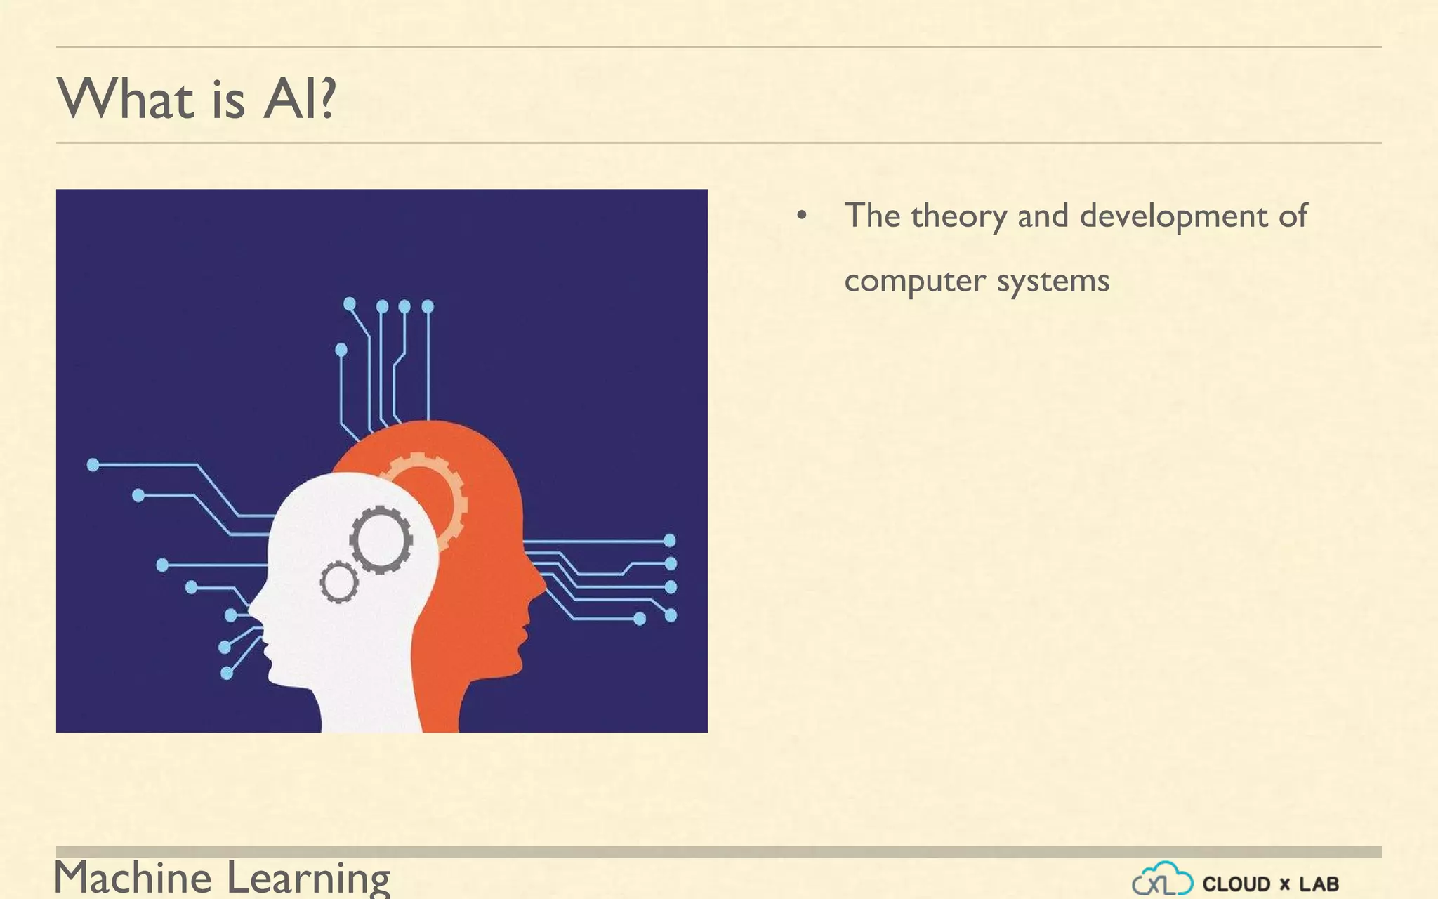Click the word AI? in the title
click(x=300, y=99)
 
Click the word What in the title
click(x=125, y=99)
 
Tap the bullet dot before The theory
click(x=802, y=216)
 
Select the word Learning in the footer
click(x=308, y=878)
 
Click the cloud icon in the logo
click(x=1162, y=879)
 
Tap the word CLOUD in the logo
click(x=1236, y=884)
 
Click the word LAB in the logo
click(x=1319, y=884)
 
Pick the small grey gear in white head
click(x=338, y=582)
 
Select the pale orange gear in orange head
click(x=439, y=492)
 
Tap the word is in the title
click(x=227, y=99)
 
